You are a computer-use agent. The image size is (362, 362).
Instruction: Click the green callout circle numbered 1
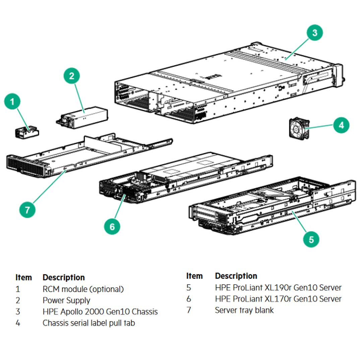pos(12,101)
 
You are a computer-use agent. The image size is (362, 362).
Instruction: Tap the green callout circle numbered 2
pos(72,76)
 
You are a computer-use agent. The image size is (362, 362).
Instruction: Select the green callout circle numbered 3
pos(314,33)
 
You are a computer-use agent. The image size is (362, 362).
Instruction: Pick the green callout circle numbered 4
pos(341,126)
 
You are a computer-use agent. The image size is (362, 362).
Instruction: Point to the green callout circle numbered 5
pos(311,239)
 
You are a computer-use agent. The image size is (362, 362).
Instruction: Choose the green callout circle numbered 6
pos(112,227)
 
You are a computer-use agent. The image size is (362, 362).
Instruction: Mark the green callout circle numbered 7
pos(27,210)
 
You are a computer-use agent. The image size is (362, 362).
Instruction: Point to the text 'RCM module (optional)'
pos(83,289)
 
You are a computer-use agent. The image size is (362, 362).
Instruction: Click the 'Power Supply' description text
pos(66,300)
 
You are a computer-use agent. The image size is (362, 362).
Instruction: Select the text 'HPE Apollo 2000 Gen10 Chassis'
pos(100,312)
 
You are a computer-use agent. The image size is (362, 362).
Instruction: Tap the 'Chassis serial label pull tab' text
pos(89,323)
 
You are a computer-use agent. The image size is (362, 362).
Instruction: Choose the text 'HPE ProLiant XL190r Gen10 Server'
pos(278,288)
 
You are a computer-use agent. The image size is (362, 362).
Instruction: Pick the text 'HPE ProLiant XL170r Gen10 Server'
pos(278,299)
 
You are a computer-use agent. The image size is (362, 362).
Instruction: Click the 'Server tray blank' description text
pos(244,310)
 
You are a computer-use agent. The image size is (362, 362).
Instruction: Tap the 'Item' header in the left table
pos(24,278)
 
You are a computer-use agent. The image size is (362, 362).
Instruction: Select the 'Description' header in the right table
pos(236,276)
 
